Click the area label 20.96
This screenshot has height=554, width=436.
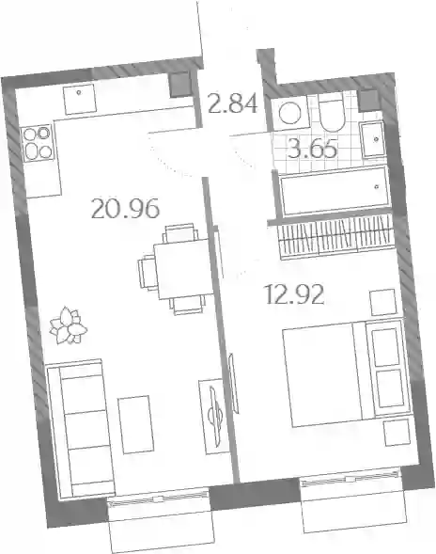(125, 209)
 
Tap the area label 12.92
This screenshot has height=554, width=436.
(294, 294)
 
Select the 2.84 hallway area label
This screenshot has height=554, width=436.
(233, 103)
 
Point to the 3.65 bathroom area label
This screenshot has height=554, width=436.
(312, 149)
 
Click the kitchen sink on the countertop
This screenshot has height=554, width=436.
(80, 99)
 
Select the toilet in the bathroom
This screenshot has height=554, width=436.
(331, 112)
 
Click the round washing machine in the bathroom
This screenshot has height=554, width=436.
(289, 113)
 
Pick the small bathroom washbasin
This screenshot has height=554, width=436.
(372, 139)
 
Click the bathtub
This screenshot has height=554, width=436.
(335, 191)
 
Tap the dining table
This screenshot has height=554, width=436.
(184, 268)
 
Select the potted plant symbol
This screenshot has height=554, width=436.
(68, 325)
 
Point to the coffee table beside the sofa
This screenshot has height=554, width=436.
(136, 424)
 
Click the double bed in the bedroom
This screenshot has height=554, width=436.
(347, 372)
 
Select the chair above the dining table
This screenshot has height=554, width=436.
(179, 232)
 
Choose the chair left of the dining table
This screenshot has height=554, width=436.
(147, 274)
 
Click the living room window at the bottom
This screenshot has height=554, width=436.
(158, 499)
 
